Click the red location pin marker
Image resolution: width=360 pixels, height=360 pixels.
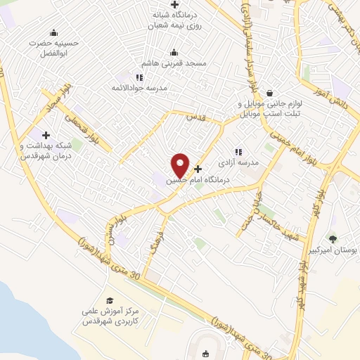pos(181,165)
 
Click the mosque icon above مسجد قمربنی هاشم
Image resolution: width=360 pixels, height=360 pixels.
pos(174,52)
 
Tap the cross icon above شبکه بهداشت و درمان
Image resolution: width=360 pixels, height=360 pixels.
pos(46,134)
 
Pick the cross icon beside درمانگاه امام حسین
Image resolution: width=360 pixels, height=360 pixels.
pos(198,169)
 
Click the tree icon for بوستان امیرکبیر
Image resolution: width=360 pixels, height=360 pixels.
pos(333,238)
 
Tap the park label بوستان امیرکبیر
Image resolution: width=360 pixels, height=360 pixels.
pos(333,250)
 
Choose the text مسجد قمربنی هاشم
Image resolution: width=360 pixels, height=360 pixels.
pos(176,63)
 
